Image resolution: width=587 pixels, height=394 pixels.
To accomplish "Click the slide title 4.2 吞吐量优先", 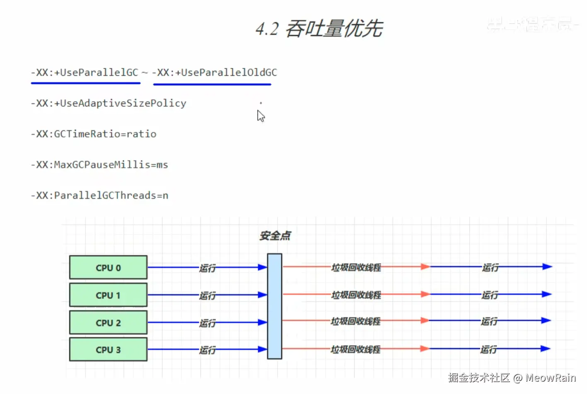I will click(319, 29).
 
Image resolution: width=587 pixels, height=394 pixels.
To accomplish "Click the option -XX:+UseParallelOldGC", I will click(214, 73).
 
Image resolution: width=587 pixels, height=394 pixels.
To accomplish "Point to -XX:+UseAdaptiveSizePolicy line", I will click(109, 103).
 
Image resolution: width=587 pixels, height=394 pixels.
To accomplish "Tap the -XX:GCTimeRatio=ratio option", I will click(94, 134).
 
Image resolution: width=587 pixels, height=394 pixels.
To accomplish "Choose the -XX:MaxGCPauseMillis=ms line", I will click(99, 164).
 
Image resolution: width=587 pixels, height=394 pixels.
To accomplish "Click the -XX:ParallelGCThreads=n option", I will click(99, 195).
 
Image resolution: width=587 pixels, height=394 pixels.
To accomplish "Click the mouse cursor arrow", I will click(260, 116).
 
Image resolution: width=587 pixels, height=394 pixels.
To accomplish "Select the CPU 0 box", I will click(108, 268).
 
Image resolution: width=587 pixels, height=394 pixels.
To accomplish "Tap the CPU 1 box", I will click(108, 295).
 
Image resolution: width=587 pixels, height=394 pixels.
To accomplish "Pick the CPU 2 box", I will click(108, 322).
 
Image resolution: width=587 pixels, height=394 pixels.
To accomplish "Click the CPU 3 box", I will click(108, 350).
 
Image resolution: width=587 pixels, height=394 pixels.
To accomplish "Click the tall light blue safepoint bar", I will click(274, 306).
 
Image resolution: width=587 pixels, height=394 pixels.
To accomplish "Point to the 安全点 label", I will click(275, 236).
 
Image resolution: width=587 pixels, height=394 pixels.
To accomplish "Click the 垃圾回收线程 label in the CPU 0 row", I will click(356, 267).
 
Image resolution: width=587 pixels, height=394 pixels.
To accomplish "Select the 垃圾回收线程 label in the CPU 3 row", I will click(355, 349).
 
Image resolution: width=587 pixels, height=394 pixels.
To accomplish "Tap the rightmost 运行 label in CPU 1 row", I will click(490, 295).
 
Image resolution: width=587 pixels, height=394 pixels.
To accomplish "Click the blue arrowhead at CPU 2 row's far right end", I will click(546, 320).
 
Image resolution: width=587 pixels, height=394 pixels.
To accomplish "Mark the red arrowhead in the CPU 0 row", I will click(425, 267).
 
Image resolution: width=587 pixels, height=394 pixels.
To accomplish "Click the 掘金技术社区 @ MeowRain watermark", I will click(512, 377).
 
